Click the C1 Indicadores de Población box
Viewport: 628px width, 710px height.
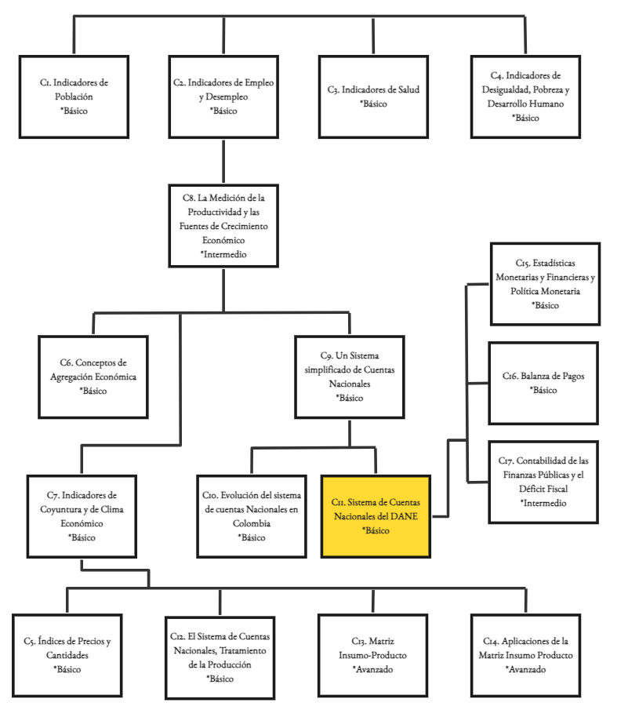[74, 96]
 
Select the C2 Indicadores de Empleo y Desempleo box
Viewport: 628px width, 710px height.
[223, 96]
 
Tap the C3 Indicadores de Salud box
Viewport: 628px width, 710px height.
[373, 96]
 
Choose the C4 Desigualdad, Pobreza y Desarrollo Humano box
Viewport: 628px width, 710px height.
[525, 96]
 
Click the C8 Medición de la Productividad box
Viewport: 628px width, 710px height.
[223, 226]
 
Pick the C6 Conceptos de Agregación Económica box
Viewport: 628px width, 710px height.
[93, 377]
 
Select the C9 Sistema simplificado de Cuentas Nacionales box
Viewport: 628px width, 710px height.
[350, 377]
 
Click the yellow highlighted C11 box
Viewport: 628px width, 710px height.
[376, 516]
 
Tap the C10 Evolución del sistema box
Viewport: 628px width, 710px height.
[250, 516]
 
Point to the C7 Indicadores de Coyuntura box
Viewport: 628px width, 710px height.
[82, 516]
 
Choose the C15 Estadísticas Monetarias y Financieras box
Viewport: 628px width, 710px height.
[545, 285]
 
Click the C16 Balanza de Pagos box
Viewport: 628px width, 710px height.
[543, 383]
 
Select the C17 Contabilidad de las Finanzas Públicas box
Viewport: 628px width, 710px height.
[543, 481]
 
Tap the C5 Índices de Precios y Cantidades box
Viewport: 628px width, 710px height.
[67, 655]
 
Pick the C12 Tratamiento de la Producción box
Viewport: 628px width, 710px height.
[220, 655]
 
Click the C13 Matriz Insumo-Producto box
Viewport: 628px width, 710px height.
[372, 655]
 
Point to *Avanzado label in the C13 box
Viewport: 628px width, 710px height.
[372, 669]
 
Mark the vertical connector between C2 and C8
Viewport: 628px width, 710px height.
[223, 161]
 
